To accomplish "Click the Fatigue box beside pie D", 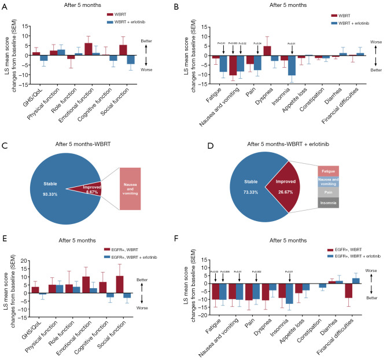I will tap(328, 171).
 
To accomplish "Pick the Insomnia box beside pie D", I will tap(328, 203).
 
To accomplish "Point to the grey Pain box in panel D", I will tap(328, 192).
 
